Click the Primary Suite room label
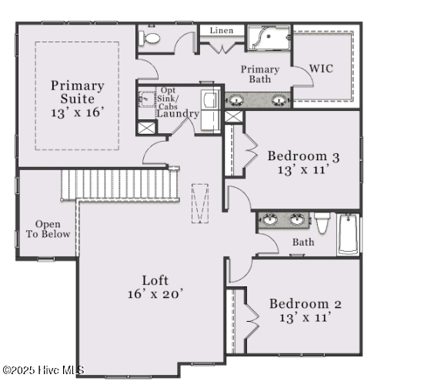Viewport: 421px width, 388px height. [72, 92]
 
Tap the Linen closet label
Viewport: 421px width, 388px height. [222, 30]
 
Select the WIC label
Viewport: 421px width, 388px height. [322, 69]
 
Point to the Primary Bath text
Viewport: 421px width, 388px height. [259, 74]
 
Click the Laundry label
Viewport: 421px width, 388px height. [178, 114]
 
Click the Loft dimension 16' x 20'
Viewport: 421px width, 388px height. [155, 293]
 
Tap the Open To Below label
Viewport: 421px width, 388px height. [48, 229]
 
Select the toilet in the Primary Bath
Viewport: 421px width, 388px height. [152, 36]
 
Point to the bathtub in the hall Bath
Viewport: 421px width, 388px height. [348, 233]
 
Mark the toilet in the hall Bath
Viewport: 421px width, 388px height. [322, 224]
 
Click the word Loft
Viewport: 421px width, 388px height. [155, 280]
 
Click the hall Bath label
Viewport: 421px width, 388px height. [303, 242]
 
